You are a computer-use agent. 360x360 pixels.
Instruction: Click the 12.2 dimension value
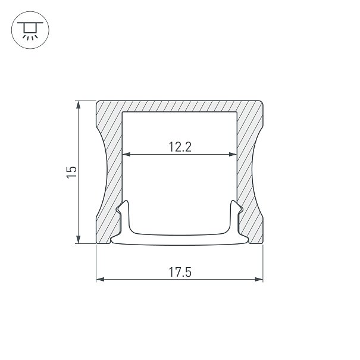pyautogui.click(x=180, y=147)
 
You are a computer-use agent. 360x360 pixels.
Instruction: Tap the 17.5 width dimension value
pyautogui.click(x=180, y=273)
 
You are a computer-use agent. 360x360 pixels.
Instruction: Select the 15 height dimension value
pyautogui.click(x=71, y=172)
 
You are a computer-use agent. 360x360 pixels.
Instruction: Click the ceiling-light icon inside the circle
pyautogui.click(x=30, y=30)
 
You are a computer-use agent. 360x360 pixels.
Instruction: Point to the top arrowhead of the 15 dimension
pyautogui.click(x=79, y=105)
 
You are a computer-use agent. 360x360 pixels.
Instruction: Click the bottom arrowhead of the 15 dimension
pyautogui.click(x=79, y=239)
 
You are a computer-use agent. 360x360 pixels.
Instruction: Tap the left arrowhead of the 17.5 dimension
pyautogui.click(x=101, y=280)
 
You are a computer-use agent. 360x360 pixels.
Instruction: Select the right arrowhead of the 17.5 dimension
pyautogui.click(x=258, y=280)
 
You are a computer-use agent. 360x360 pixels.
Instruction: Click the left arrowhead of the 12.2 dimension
pyautogui.click(x=127, y=154)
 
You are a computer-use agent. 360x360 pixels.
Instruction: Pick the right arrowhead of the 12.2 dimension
pyautogui.click(x=233, y=154)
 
